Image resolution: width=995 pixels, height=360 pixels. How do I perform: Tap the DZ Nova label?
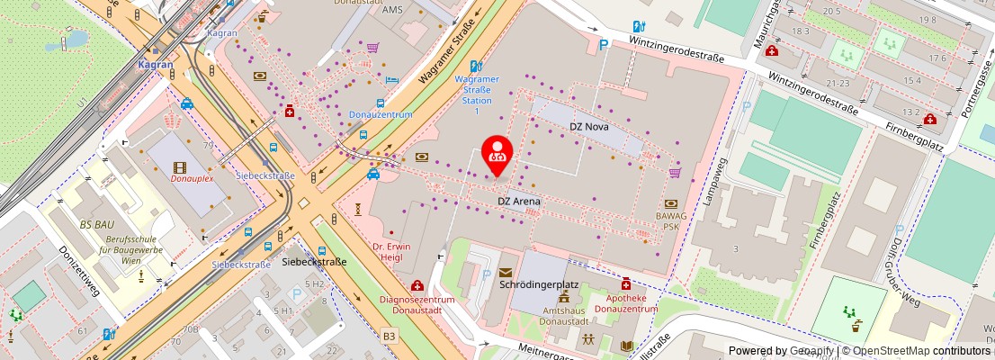point(589,127)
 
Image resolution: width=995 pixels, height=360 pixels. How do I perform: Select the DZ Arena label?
point(519,201)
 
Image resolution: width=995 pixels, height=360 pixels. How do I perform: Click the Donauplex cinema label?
point(192,178)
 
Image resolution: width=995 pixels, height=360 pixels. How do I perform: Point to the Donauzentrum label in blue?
point(381,115)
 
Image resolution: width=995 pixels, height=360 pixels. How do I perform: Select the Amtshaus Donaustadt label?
point(564,316)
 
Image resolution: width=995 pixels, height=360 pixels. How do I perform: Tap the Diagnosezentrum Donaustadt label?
point(410,304)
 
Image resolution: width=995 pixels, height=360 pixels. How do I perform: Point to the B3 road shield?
point(389,336)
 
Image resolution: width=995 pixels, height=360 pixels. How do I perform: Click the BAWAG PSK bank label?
point(671,220)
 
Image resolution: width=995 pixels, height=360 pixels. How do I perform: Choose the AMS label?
point(392,10)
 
